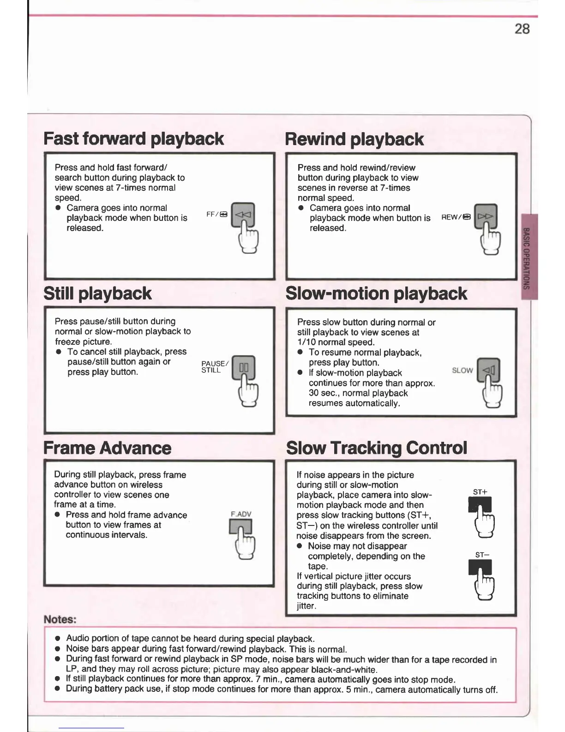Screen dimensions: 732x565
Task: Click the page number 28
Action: point(522,29)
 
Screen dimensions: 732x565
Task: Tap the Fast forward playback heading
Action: point(133,139)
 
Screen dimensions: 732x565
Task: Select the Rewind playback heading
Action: point(354,139)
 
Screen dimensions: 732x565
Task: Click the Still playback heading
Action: point(97,293)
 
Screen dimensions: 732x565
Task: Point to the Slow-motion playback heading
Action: point(376,293)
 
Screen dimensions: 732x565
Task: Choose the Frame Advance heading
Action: point(107,448)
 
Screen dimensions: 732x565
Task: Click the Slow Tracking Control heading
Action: point(376,448)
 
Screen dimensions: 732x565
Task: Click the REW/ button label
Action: point(456,217)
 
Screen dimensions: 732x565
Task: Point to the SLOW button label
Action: point(462,370)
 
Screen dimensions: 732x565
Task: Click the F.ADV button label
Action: point(240,514)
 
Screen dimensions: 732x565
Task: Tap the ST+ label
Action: point(480,492)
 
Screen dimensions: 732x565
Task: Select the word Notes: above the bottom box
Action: point(60,619)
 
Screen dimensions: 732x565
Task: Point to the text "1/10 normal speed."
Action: point(336,342)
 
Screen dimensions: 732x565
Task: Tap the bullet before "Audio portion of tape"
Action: point(58,639)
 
